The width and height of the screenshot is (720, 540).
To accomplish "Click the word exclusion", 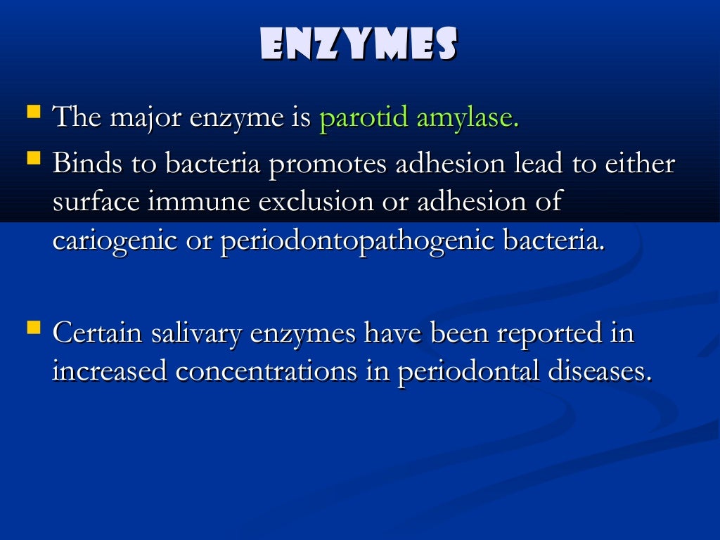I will [315, 202].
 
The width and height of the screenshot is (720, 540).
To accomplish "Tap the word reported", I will [548, 334].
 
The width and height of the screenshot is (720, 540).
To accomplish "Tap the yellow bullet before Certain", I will [32, 328].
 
